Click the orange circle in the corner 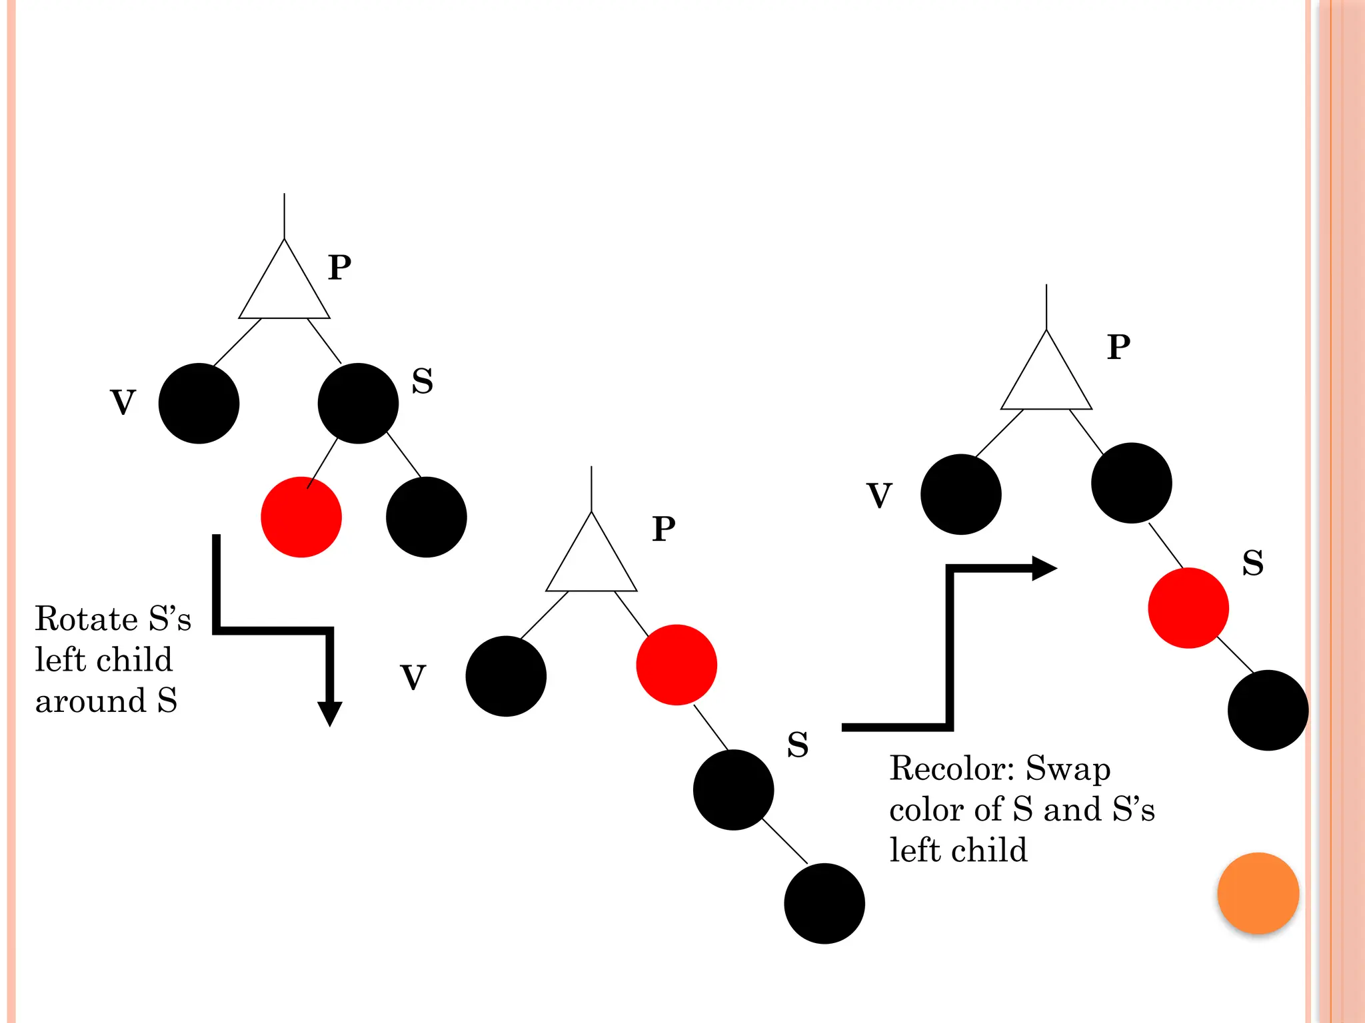pos(1258,893)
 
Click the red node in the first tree pos(301,517)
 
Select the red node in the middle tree pos(676,664)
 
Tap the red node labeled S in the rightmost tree pos(1188,607)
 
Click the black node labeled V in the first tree pos(199,403)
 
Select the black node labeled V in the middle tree pos(506,676)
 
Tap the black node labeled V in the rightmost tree pos(960,494)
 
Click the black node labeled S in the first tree pos(358,403)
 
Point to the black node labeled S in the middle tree pos(733,789)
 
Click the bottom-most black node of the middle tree pos(824,903)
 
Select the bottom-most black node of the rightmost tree pos(1268,710)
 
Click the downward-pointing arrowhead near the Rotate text pos(329,713)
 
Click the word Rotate pos(86,619)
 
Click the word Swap pos(1068,769)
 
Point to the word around pos(91,701)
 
